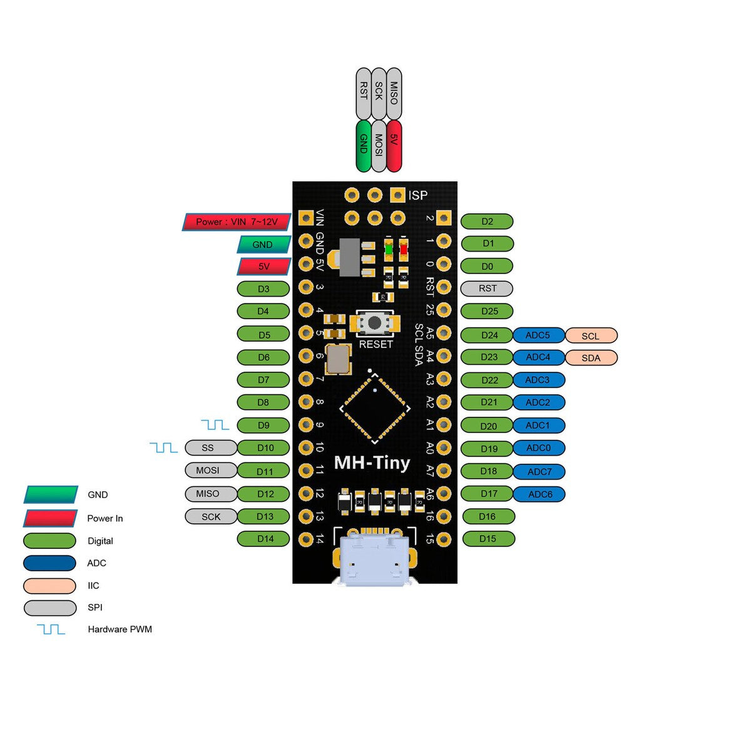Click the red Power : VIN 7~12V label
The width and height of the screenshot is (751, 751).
(237, 222)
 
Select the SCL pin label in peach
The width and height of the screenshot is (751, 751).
(591, 335)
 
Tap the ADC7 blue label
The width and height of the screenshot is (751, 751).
(539, 471)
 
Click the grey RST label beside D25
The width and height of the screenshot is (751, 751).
(487, 289)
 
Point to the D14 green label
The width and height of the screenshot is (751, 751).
(264, 538)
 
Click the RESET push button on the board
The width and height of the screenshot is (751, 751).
(374, 323)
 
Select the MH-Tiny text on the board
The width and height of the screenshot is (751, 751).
(372, 462)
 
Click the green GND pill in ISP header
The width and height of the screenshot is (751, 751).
(363, 146)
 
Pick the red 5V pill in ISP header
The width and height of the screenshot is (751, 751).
(394, 146)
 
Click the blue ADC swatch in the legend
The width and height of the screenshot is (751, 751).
(49, 563)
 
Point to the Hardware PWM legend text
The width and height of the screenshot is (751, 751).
(120, 629)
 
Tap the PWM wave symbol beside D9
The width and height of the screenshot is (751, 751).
(215, 425)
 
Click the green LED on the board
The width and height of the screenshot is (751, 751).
(389, 250)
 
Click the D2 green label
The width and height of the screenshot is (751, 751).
(487, 221)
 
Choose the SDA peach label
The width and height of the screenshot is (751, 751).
(591, 358)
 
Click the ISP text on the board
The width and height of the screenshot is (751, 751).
(418, 195)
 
